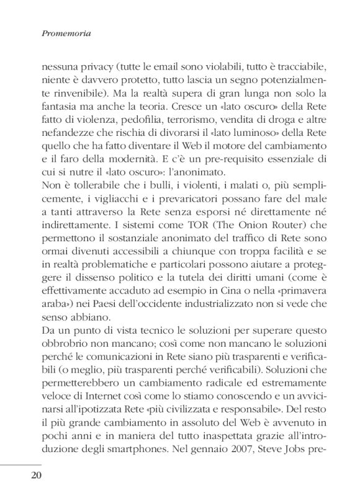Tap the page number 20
(36, 475)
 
